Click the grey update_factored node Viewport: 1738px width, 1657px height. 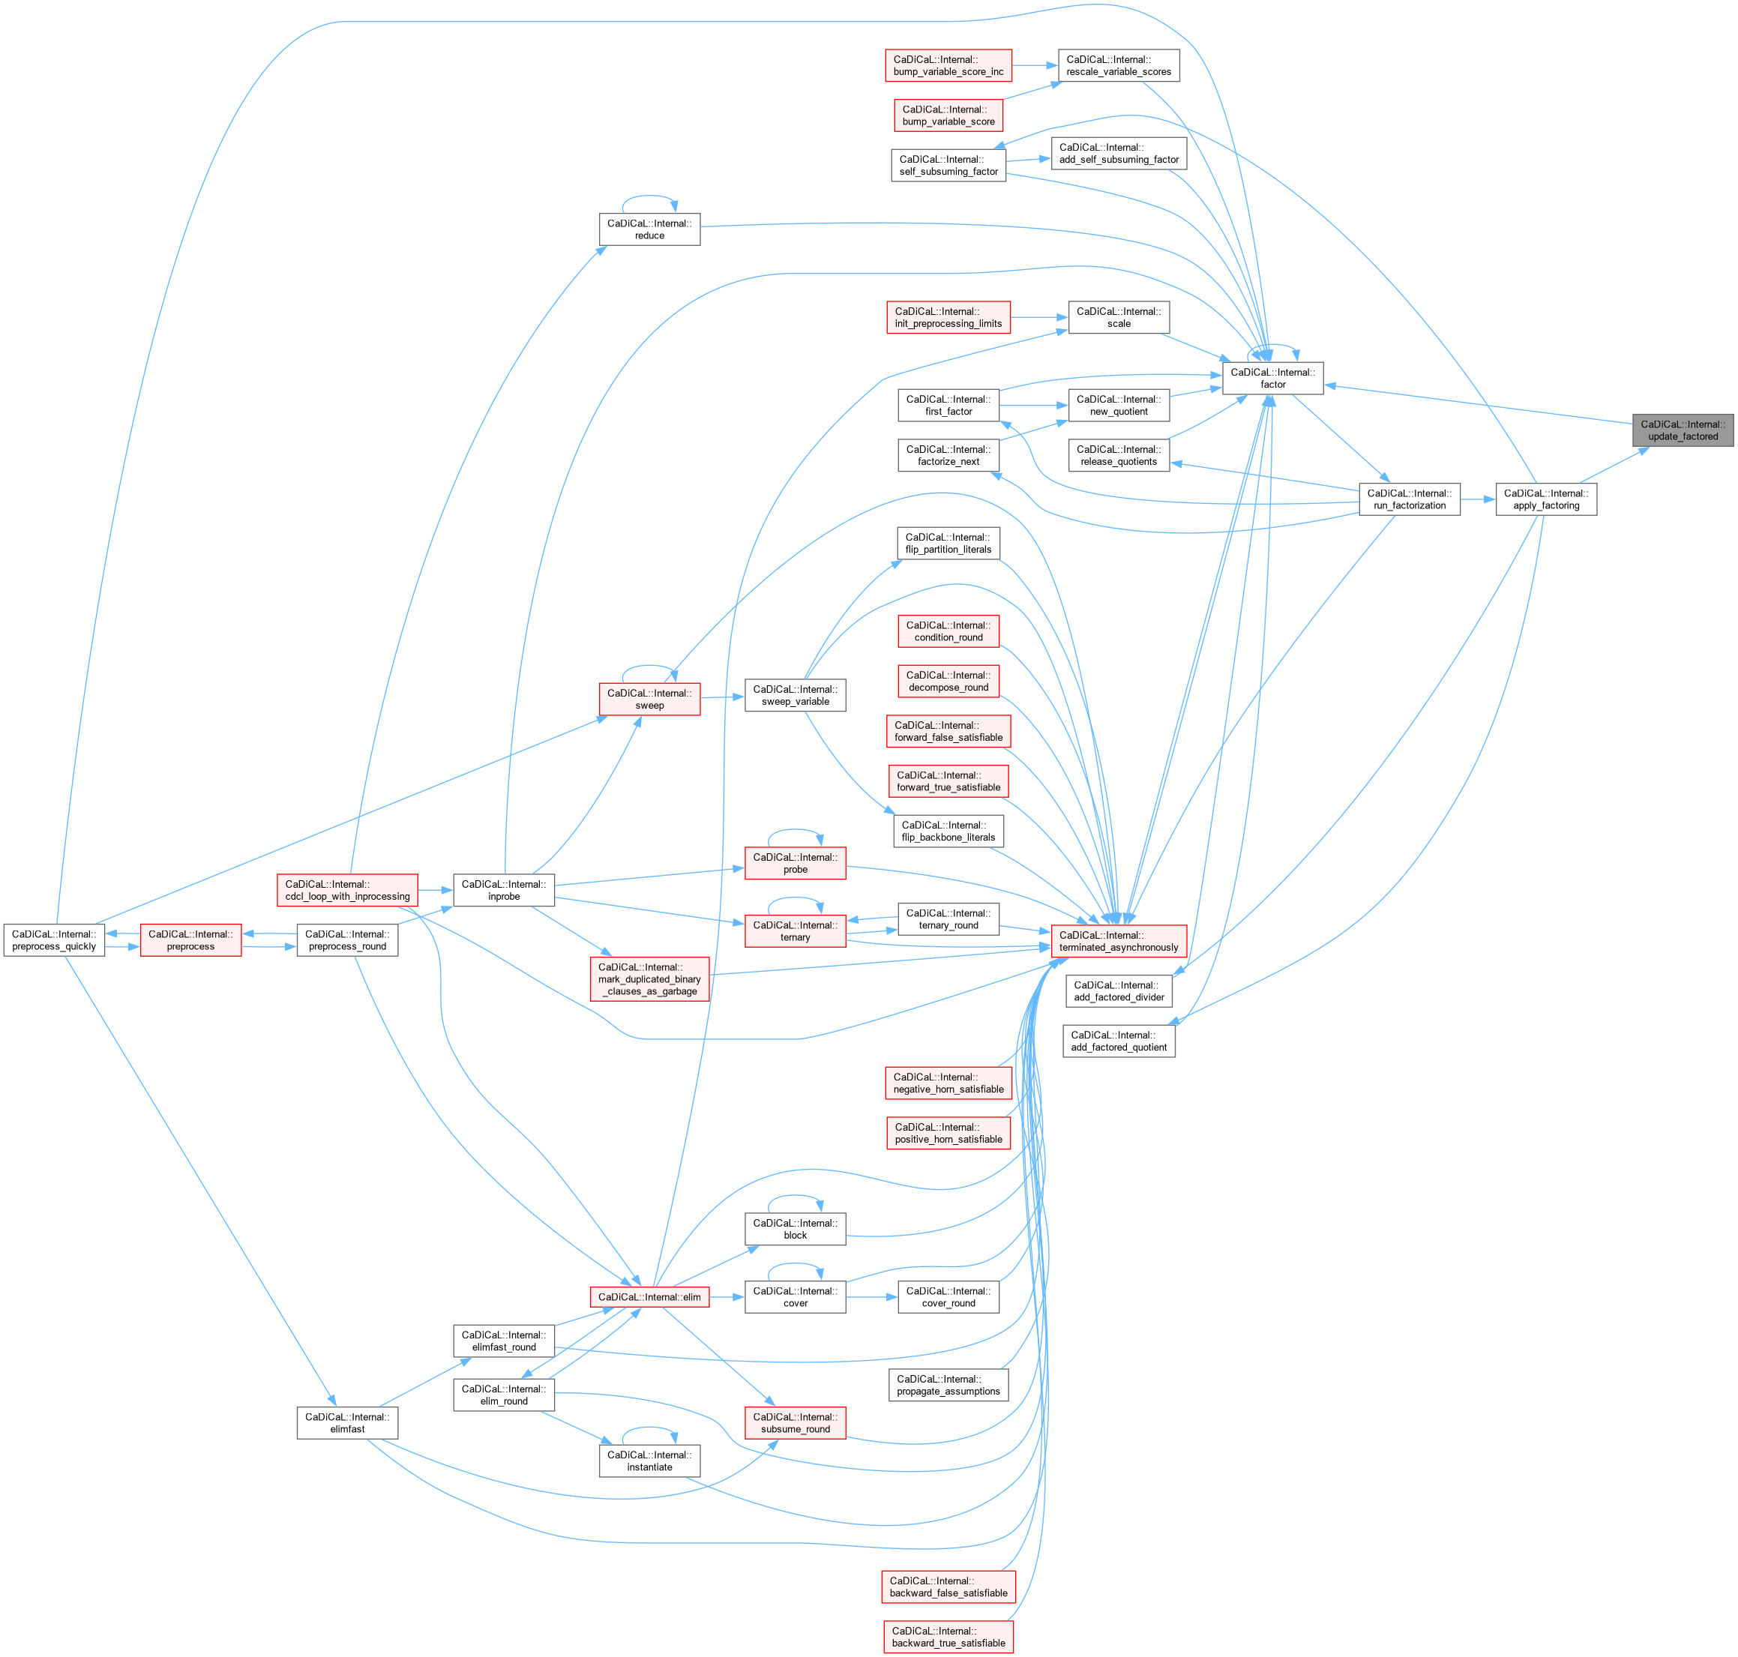[x=1683, y=430]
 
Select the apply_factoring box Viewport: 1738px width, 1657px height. [x=1545, y=499]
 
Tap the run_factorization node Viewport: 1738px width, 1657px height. [x=1410, y=499]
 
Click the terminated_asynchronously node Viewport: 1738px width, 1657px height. [x=1118, y=941]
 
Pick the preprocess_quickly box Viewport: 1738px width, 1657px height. [x=54, y=939]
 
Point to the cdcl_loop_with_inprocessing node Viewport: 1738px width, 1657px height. [x=347, y=889]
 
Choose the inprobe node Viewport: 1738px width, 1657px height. [x=503, y=889]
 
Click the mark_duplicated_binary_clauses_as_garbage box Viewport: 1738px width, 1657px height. [x=649, y=978]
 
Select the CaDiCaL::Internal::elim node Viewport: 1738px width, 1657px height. [x=649, y=1296]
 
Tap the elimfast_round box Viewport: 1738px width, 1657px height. [x=503, y=1341]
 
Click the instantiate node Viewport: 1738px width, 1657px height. [x=649, y=1460]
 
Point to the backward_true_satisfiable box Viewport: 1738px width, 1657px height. [x=948, y=1637]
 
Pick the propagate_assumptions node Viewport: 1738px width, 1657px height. [x=948, y=1385]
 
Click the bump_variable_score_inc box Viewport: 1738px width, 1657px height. [x=948, y=65]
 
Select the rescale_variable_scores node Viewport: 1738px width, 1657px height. [x=1118, y=65]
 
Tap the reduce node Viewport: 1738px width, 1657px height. [x=649, y=229]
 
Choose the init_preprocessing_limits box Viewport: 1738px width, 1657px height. [x=948, y=317]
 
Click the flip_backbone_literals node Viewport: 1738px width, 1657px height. [x=948, y=831]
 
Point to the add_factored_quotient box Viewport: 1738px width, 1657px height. [x=1118, y=1041]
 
